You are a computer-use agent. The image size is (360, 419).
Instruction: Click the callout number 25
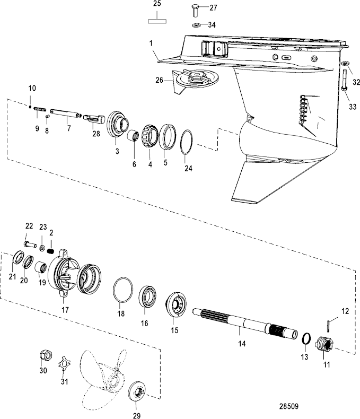tap(156, 4)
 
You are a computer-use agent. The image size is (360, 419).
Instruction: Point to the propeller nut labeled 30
tap(45, 356)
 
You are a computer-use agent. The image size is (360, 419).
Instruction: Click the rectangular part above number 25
tap(157, 21)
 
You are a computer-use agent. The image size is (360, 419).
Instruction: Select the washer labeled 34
tap(196, 25)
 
